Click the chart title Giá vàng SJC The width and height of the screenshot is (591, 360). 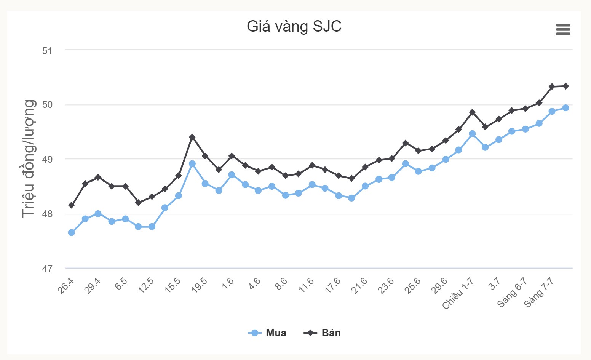coord(294,26)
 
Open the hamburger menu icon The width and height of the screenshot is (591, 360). coord(563,29)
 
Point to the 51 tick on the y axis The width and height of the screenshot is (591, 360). coord(47,51)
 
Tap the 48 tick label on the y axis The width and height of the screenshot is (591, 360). coord(47,214)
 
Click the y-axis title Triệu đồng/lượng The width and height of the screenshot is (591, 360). coord(29,158)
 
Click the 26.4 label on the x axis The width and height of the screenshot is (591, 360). coord(66,286)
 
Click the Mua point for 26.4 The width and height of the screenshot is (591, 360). coord(71,232)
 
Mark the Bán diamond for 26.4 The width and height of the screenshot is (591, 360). coord(71,205)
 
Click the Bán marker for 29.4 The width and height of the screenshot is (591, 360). coord(98,178)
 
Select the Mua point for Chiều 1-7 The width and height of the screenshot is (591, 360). coord(472,134)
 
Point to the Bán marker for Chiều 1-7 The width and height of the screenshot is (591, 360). coord(472,112)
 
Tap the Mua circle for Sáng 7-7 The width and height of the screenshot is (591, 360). coord(552,111)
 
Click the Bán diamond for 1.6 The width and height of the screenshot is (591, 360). coord(232,156)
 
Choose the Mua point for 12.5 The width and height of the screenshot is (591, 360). coord(152,227)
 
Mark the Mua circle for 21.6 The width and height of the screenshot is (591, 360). coord(365,186)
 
